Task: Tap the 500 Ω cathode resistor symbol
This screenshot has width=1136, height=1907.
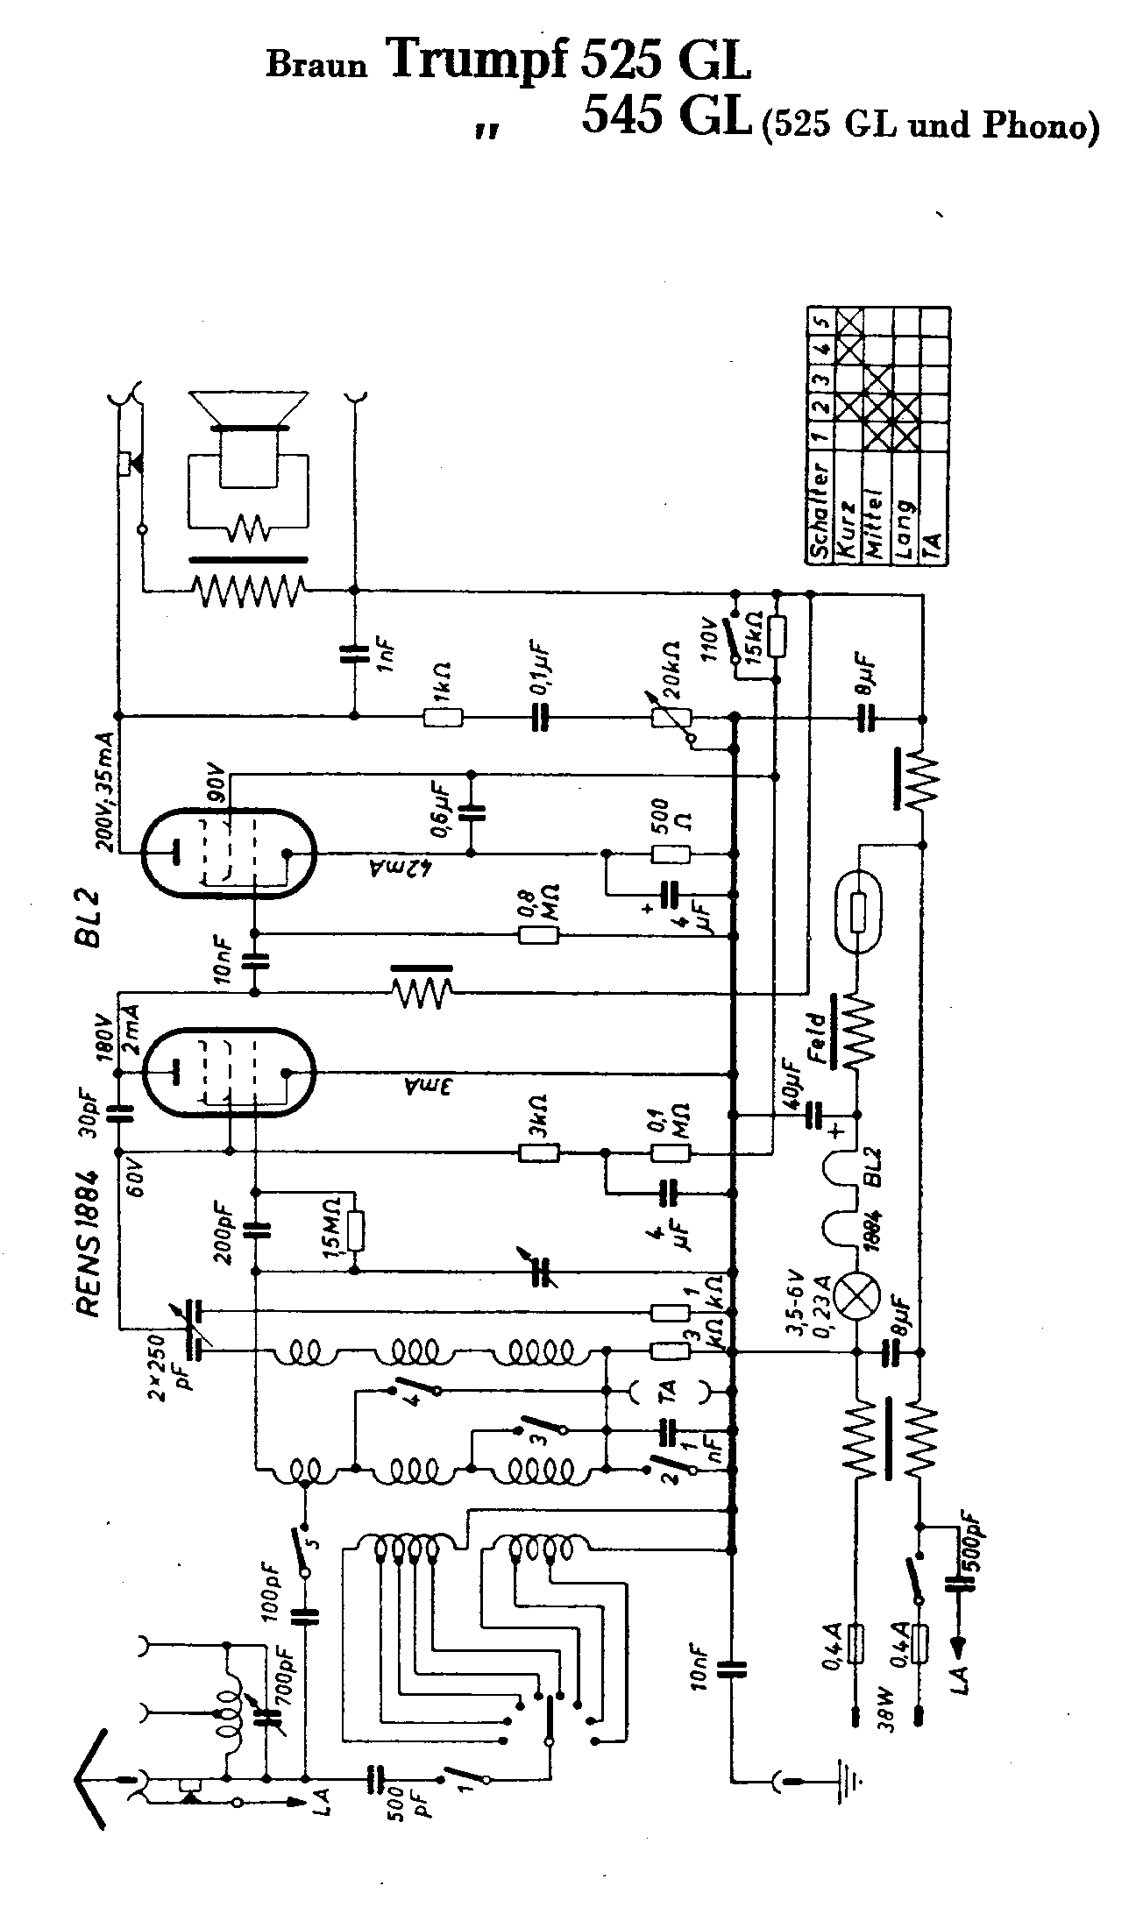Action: coord(671,854)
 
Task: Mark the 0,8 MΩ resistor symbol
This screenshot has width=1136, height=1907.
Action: coord(538,935)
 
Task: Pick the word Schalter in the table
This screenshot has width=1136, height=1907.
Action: coord(820,511)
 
